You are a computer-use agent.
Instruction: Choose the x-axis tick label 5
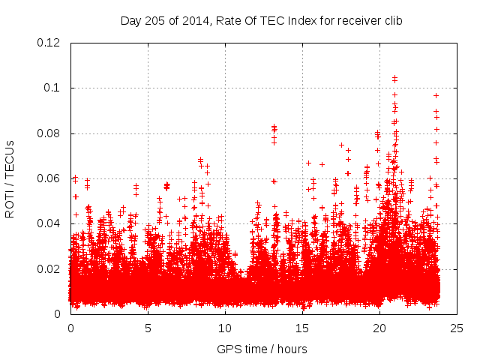point(148,328)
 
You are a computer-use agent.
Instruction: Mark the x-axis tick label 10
point(225,328)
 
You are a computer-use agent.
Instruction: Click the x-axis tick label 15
point(302,328)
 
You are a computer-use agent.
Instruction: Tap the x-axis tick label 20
point(379,328)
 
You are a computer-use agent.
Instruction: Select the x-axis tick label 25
point(457,328)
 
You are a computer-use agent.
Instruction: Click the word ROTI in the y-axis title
point(10,202)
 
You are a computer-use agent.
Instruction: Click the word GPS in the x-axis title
point(228,349)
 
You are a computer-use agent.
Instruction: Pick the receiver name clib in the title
point(391,20)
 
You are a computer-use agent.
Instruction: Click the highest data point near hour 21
point(394,77)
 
